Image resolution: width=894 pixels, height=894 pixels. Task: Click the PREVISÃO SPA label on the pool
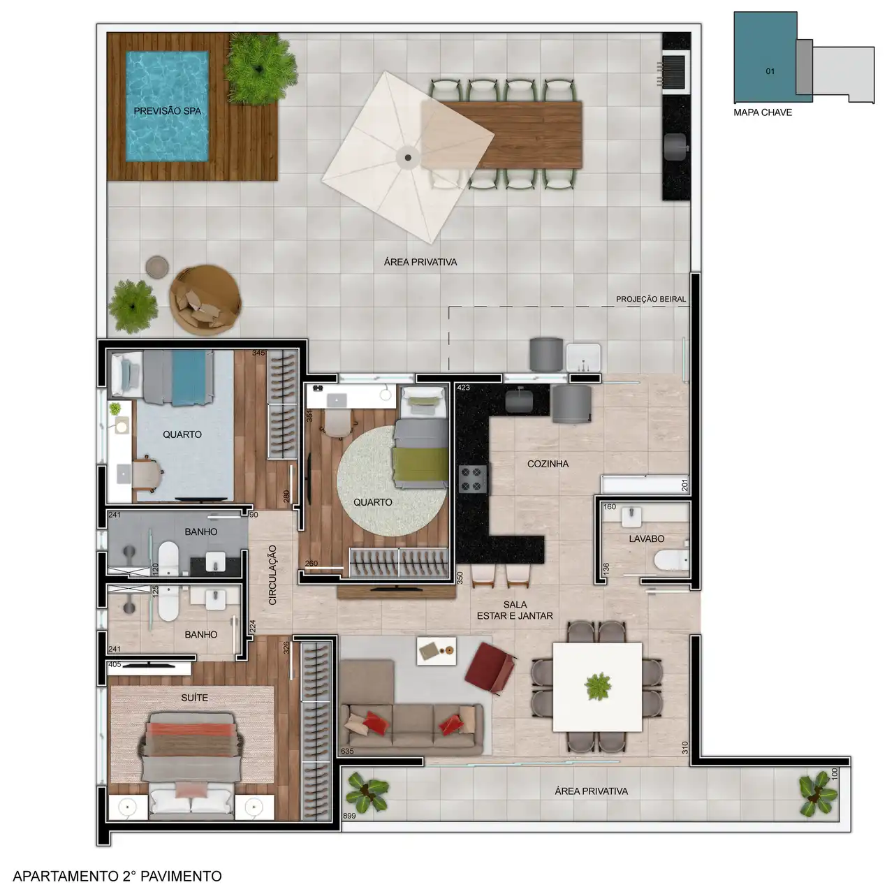click(168, 111)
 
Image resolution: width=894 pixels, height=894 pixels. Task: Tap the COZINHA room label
click(548, 464)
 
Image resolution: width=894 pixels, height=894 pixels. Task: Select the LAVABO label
click(647, 538)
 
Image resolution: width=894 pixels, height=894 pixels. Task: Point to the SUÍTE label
click(194, 698)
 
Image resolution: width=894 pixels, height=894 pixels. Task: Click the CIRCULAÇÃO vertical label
click(272, 575)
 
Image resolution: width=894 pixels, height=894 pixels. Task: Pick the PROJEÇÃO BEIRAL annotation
click(651, 299)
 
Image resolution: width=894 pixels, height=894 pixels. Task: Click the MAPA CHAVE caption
click(763, 112)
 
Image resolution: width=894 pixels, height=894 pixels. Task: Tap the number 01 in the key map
click(770, 71)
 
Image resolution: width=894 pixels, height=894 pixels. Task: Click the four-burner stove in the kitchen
click(473, 479)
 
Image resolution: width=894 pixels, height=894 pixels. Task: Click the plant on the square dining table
click(598, 687)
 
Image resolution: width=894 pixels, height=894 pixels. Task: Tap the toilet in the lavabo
click(670, 559)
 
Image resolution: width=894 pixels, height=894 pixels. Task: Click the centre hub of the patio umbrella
click(408, 158)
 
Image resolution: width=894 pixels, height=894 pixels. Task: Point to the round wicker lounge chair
click(205, 300)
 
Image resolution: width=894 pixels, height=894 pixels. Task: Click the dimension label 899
click(349, 828)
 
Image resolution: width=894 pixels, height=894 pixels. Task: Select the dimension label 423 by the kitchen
click(464, 388)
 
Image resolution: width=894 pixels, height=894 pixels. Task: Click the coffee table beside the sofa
click(436, 651)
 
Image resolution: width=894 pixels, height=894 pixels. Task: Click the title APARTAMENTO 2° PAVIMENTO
click(117, 876)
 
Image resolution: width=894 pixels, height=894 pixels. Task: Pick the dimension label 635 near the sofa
click(347, 751)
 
